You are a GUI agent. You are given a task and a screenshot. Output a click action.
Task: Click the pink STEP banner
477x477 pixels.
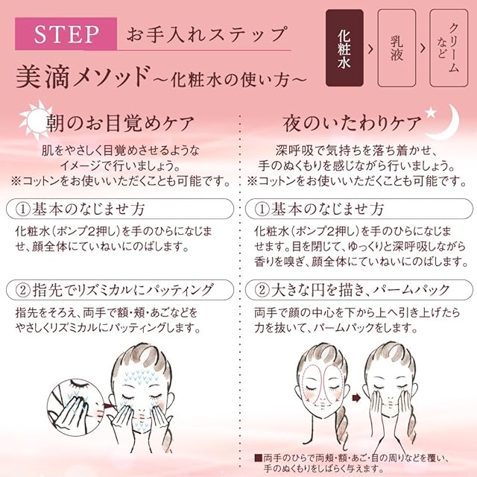click(66, 34)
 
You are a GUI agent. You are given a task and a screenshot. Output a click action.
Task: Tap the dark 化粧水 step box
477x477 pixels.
click(344, 48)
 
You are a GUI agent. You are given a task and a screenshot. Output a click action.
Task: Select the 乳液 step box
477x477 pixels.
click(397, 48)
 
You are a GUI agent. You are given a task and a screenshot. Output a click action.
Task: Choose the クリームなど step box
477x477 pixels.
click(449, 48)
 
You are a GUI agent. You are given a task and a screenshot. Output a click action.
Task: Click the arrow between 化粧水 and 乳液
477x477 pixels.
click(370, 48)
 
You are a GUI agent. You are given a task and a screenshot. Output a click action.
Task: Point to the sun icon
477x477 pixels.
click(36, 121)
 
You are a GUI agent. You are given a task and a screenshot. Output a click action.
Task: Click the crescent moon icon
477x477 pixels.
click(446, 123)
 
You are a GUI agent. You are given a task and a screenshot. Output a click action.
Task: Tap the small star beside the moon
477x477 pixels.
click(431, 113)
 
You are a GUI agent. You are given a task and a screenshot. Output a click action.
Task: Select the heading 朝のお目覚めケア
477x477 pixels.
click(120, 124)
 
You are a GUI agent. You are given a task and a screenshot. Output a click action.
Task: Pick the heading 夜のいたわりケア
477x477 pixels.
click(353, 124)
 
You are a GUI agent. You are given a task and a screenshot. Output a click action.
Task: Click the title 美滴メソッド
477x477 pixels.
click(83, 78)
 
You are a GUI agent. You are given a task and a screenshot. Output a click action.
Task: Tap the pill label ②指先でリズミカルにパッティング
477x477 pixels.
click(120, 290)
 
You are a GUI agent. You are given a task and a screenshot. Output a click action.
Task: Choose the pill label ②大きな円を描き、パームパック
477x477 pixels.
click(359, 290)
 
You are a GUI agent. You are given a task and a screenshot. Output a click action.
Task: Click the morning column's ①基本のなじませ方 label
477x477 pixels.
click(120, 209)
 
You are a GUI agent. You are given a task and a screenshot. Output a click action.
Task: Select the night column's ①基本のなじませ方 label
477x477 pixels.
click(359, 209)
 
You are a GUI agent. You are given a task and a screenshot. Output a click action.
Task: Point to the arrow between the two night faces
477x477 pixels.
click(356, 397)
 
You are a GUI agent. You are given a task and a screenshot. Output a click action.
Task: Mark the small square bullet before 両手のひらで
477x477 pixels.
click(258, 458)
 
